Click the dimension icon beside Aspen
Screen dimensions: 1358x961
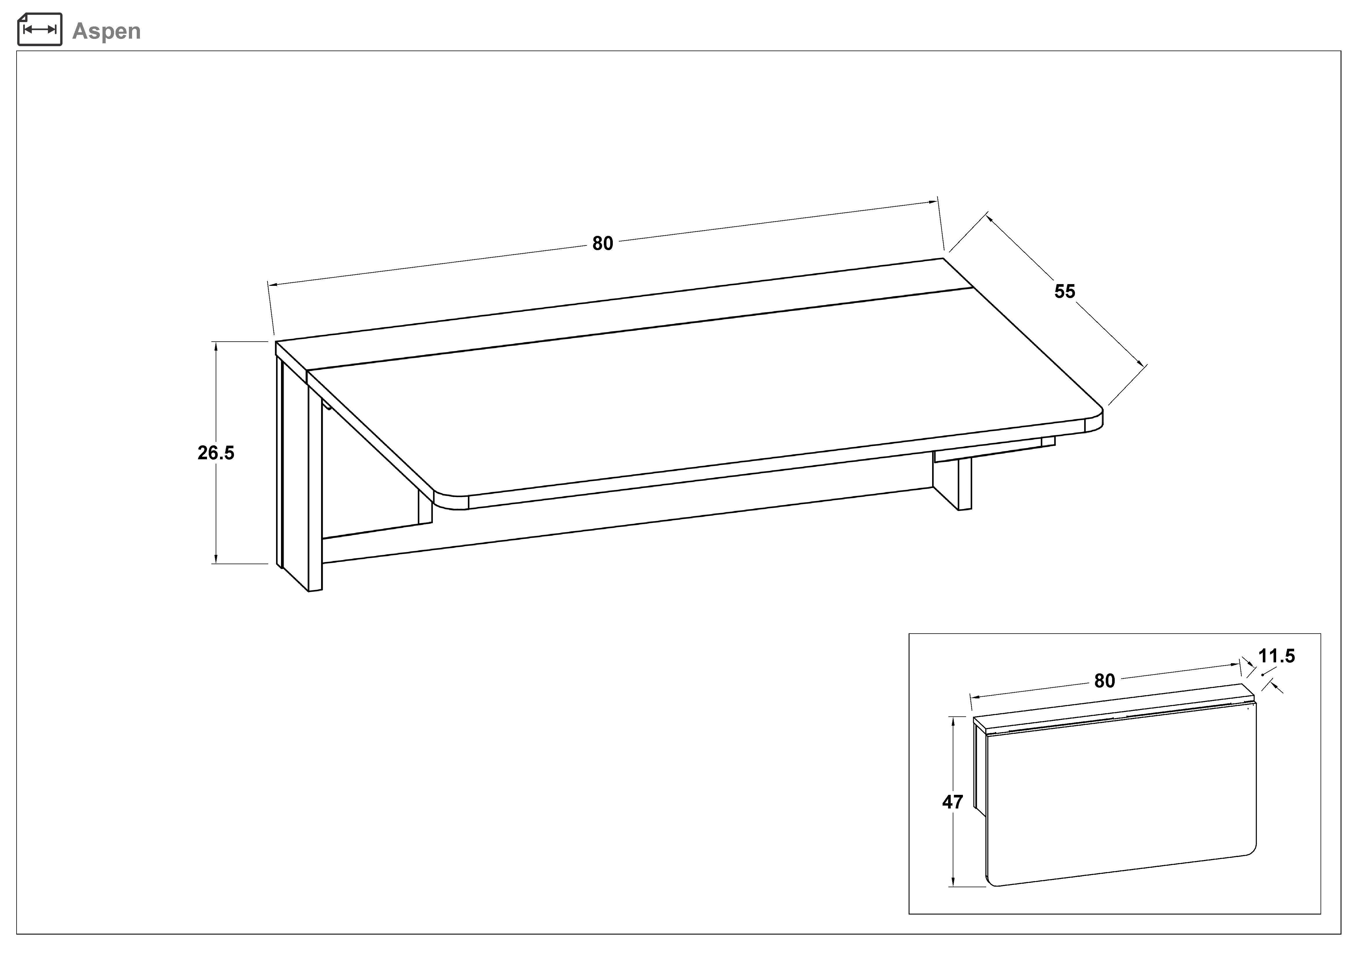pyautogui.click(x=40, y=30)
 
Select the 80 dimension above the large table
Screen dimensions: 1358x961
pyautogui.click(x=603, y=243)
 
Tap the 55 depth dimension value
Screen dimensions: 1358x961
pyautogui.click(x=1065, y=291)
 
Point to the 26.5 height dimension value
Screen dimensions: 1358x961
pyautogui.click(x=216, y=453)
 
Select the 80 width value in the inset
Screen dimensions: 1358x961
pyautogui.click(x=1104, y=681)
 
